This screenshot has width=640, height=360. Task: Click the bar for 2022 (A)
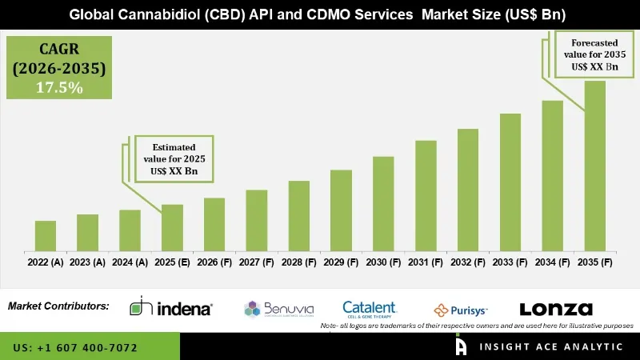tap(46, 236)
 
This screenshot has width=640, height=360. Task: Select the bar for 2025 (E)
tap(172, 228)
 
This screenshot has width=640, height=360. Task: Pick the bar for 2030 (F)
tap(383, 204)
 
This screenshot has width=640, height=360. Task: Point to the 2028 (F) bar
tap(298, 216)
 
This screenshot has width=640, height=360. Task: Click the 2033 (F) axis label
tap(510, 262)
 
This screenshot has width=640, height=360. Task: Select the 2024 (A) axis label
tap(130, 262)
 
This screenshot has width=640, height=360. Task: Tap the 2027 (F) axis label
tap(256, 262)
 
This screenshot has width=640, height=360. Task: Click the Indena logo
tap(171, 308)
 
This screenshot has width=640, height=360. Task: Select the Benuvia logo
tap(279, 309)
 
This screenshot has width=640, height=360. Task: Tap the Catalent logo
tap(370, 308)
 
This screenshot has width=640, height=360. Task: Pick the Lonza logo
tap(556, 309)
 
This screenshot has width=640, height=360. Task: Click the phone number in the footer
tap(75, 348)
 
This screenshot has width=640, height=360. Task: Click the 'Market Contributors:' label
tap(58, 306)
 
